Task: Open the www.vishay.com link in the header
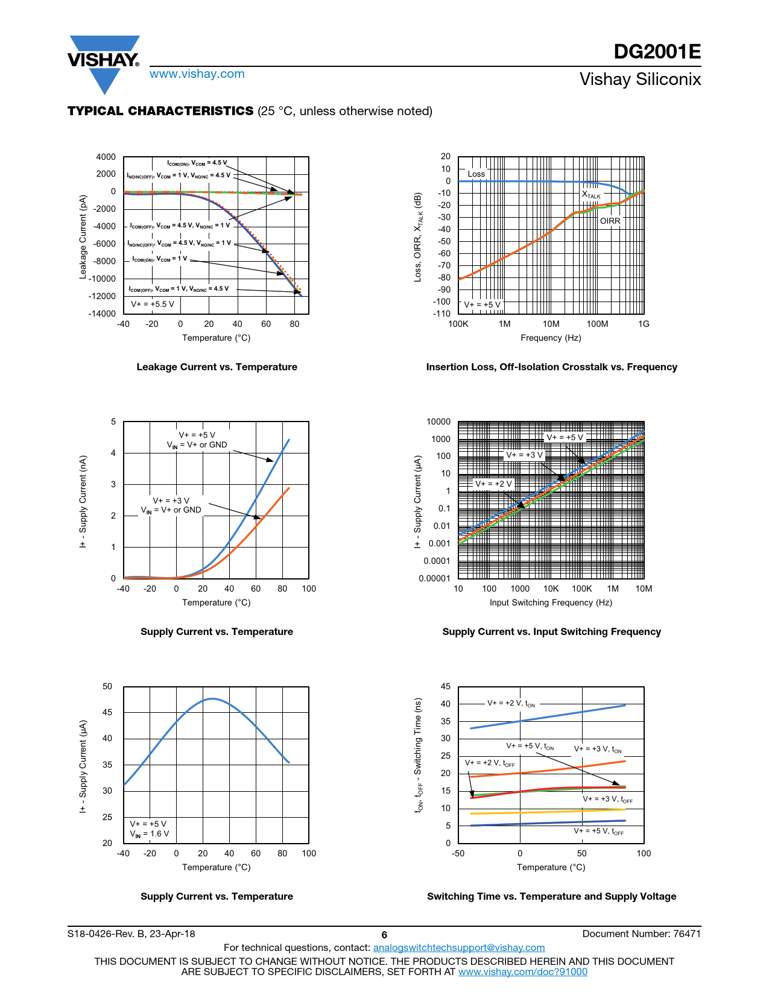click(197, 74)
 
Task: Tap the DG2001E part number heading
click(657, 52)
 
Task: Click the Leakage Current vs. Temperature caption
click(217, 367)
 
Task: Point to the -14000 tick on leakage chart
click(102, 314)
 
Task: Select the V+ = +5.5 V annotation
click(153, 304)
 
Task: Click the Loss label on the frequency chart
click(476, 174)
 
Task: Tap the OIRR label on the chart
click(610, 221)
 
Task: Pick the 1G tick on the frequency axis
click(644, 324)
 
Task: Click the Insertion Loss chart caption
click(551, 367)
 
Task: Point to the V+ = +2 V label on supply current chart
click(493, 484)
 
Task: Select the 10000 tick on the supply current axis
click(438, 422)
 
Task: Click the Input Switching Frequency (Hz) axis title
click(551, 602)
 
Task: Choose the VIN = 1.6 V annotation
click(150, 834)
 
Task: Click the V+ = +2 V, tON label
click(511, 703)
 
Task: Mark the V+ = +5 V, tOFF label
click(598, 831)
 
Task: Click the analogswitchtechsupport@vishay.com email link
click(459, 947)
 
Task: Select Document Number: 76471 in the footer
click(641, 933)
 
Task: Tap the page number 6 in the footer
click(384, 935)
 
